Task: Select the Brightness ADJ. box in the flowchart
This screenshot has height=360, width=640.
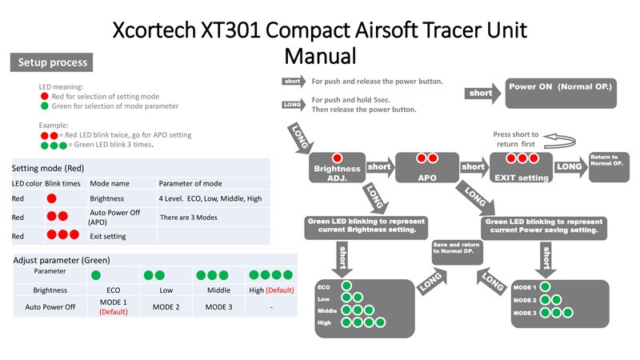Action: (337, 167)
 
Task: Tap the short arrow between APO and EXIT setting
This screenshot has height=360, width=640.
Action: (474, 167)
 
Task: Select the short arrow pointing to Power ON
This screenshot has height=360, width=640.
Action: (481, 93)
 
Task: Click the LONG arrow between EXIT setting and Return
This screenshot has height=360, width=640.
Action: (569, 166)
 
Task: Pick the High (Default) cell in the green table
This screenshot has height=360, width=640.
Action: (272, 290)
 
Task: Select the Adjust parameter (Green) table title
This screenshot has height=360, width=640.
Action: (62, 260)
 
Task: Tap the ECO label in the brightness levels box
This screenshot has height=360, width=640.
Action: (324, 286)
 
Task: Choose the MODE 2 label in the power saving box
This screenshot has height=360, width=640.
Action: (524, 299)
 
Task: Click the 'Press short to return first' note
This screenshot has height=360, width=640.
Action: (516, 139)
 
